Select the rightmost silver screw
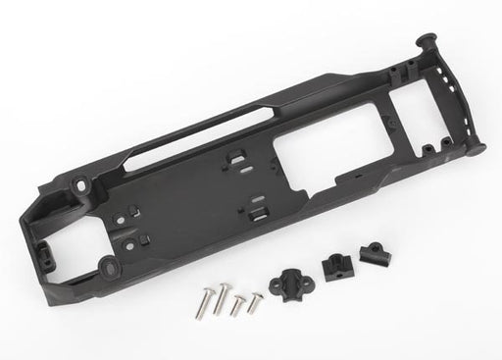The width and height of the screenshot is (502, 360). [x=256, y=299]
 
